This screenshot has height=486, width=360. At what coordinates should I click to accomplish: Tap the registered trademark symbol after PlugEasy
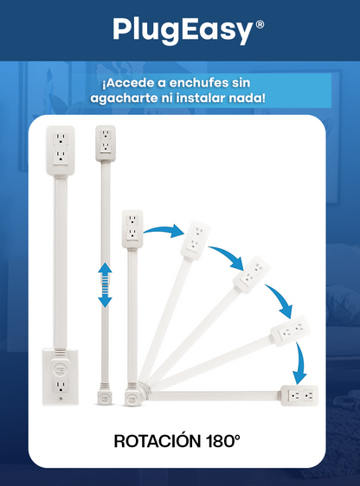tap(260, 24)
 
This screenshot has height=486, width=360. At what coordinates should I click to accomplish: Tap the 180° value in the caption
tap(223, 440)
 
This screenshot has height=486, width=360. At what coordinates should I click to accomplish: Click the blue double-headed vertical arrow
tap(105, 285)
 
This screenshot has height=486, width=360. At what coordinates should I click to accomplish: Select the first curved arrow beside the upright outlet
tap(164, 229)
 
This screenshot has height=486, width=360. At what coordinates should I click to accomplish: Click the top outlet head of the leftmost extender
tap(58, 148)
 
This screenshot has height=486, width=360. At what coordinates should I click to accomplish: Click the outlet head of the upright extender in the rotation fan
tap(132, 227)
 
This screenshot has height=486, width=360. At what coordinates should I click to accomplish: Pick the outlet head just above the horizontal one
tap(292, 332)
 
